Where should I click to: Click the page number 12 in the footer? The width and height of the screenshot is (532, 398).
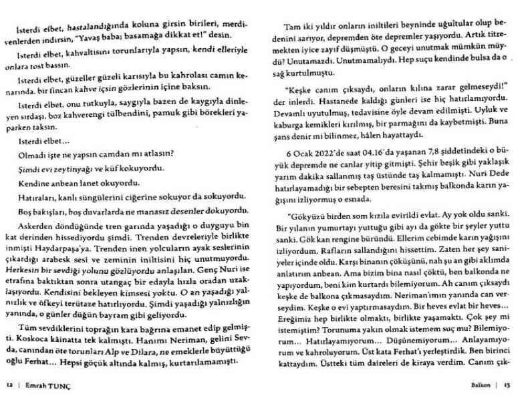click(x=9, y=385)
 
